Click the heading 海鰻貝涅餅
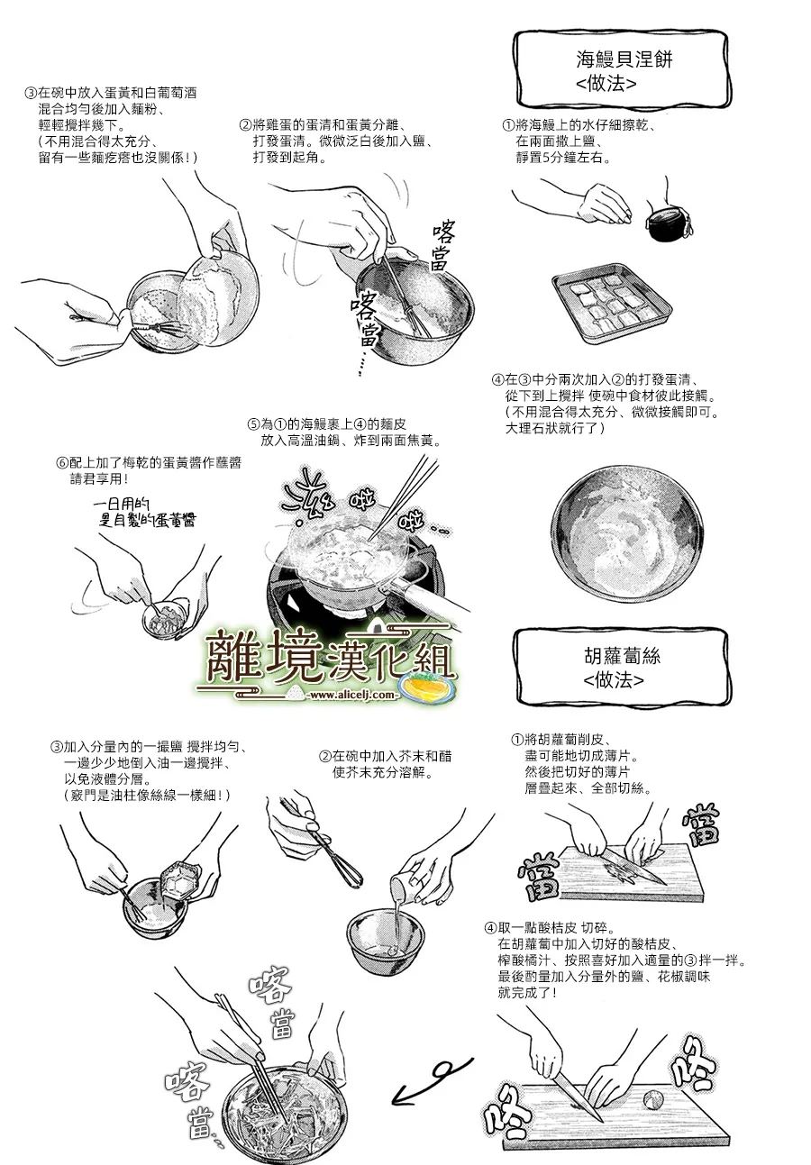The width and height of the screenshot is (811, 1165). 624,59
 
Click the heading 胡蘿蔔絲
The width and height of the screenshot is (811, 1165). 622,656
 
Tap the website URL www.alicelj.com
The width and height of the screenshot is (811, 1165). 352,695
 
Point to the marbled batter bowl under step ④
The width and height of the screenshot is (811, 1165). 626,541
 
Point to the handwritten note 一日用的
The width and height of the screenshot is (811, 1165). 122,504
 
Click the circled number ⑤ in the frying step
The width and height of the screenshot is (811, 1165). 253,424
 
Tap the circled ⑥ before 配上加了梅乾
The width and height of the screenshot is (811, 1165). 62,462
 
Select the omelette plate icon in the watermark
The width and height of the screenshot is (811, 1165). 428,687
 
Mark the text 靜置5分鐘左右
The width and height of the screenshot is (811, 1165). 563,157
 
